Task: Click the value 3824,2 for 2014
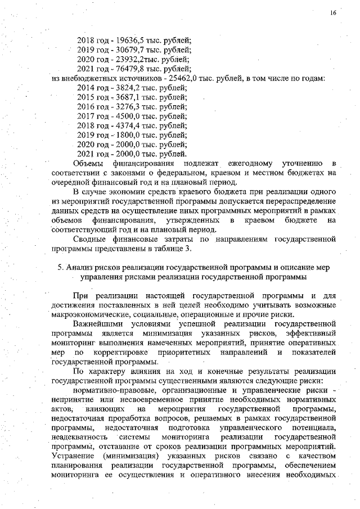(120, 88)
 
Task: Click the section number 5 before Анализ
(60, 267)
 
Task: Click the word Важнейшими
(100, 325)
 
